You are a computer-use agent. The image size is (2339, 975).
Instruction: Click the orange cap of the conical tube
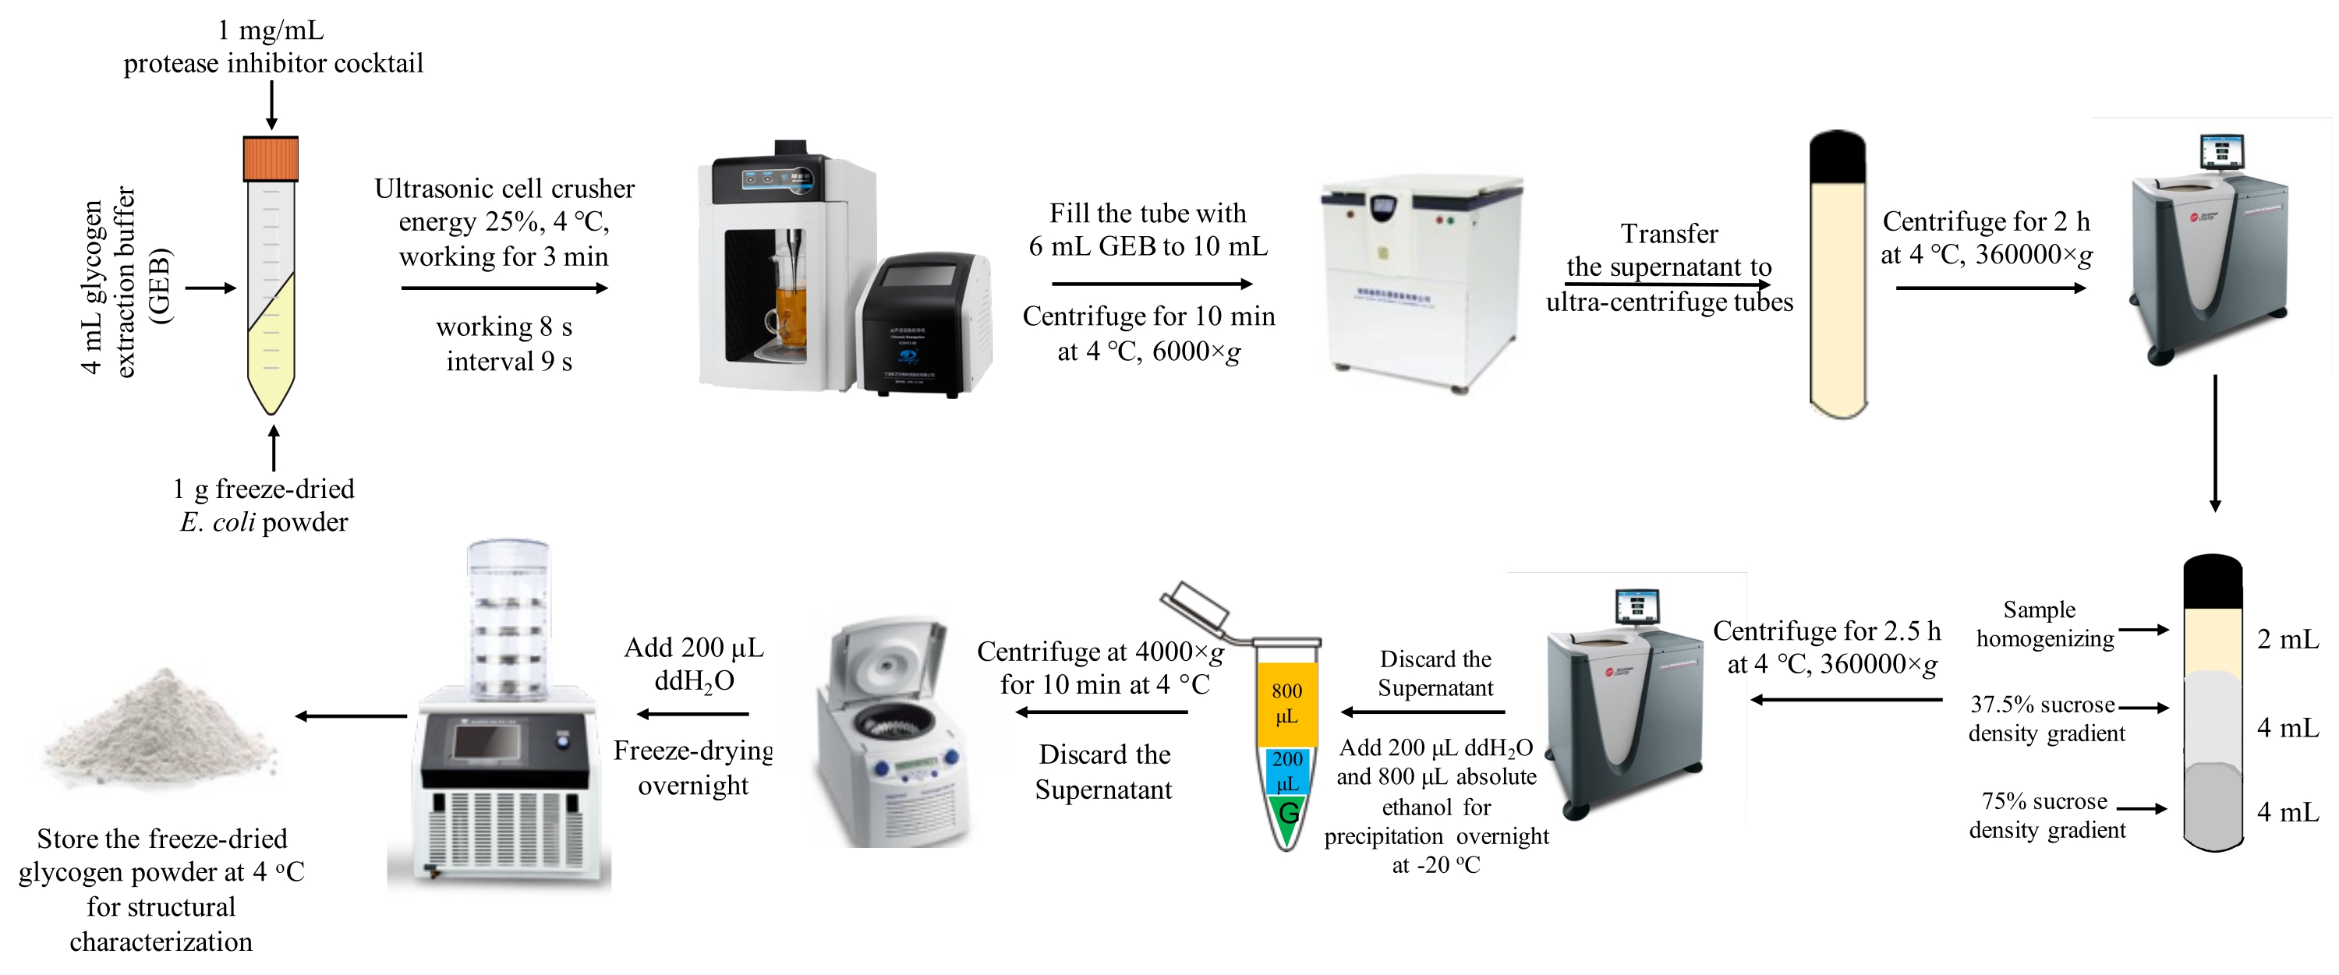pyautogui.click(x=271, y=159)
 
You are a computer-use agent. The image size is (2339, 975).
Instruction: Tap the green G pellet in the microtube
pyautogui.click(x=1287, y=814)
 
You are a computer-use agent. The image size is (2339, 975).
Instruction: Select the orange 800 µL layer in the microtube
pyautogui.click(x=1286, y=704)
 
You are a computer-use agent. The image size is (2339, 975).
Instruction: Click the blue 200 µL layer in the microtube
pyautogui.click(x=1286, y=771)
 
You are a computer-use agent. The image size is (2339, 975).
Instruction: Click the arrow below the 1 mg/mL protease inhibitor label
pyautogui.click(x=271, y=105)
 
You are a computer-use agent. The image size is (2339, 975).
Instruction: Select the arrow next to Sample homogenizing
pyautogui.click(x=2144, y=629)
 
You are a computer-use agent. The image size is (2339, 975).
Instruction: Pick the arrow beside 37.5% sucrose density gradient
pyautogui.click(x=2144, y=707)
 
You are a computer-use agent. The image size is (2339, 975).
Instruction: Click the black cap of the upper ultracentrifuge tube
pyautogui.click(x=1837, y=158)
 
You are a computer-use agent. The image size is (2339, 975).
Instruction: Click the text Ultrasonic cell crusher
pyautogui.click(x=504, y=189)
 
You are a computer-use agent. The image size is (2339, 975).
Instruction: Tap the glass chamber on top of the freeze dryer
pyautogui.click(x=508, y=617)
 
